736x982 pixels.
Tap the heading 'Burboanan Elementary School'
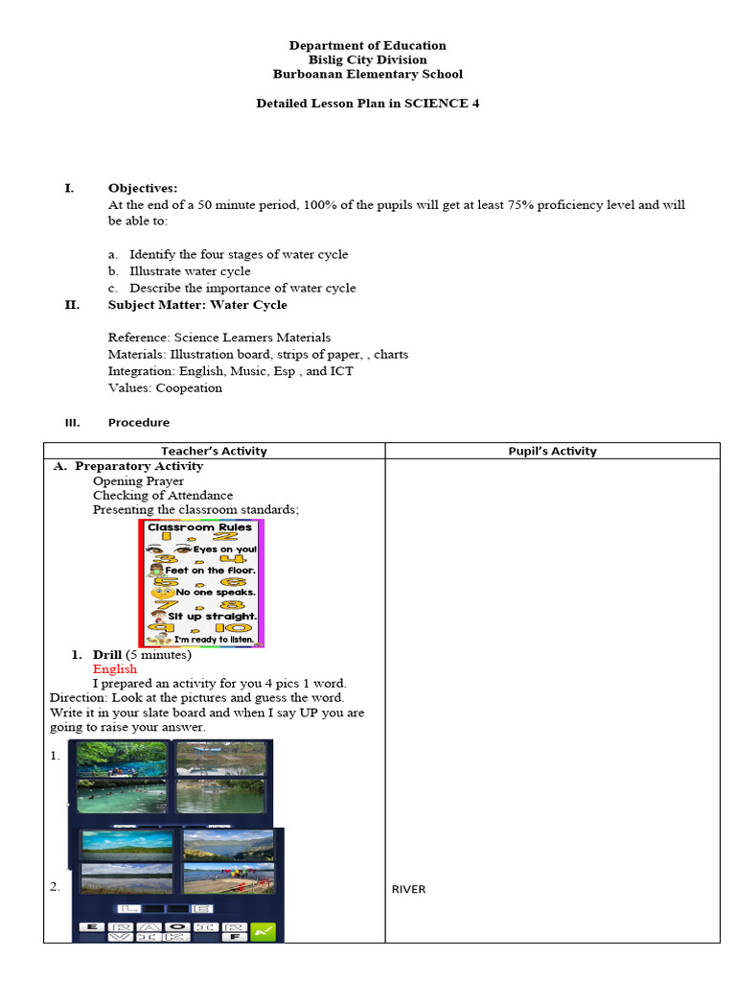point(367,74)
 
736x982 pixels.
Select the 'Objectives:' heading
point(143,188)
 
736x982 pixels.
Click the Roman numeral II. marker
point(71,305)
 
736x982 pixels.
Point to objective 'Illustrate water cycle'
point(190,271)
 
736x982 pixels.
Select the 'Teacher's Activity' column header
point(214,451)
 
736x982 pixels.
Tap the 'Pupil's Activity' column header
point(552,451)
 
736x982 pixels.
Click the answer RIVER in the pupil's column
point(408,890)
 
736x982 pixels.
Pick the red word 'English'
point(115,669)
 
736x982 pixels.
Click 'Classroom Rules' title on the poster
point(199,527)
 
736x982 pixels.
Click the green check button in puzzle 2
point(263,929)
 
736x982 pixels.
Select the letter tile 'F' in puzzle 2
point(234,936)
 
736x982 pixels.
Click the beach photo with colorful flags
point(228,878)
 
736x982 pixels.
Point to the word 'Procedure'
point(139,423)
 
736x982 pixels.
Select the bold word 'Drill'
point(108,655)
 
